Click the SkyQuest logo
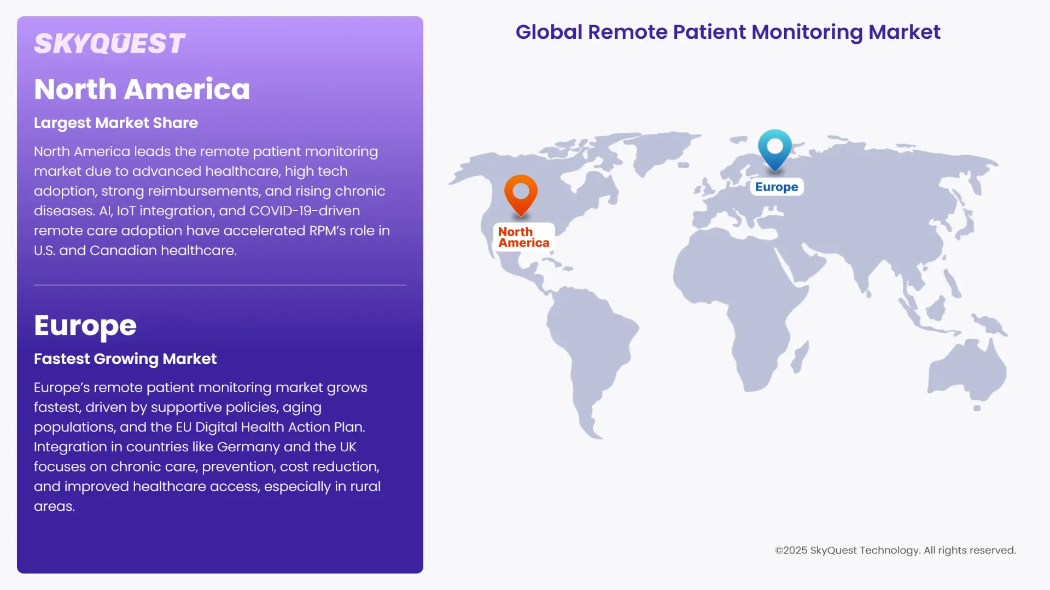pyautogui.click(x=109, y=44)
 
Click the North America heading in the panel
pyautogui.click(x=142, y=89)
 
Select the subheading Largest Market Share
pyautogui.click(x=116, y=123)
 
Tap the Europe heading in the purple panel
pyautogui.click(x=85, y=326)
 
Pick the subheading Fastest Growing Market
pyautogui.click(x=125, y=359)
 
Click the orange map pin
pyautogui.click(x=521, y=193)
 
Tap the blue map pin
pyautogui.click(x=775, y=149)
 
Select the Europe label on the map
pyautogui.click(x=777, y=187)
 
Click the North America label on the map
pyautogui.click(x=523, y=237)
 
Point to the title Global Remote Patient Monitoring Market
pyautogui.click(x=728, y=32)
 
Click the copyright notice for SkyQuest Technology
pyautogui.click(x=895, y=550)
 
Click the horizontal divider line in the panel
pyautogui.click(x=220, y=285)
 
